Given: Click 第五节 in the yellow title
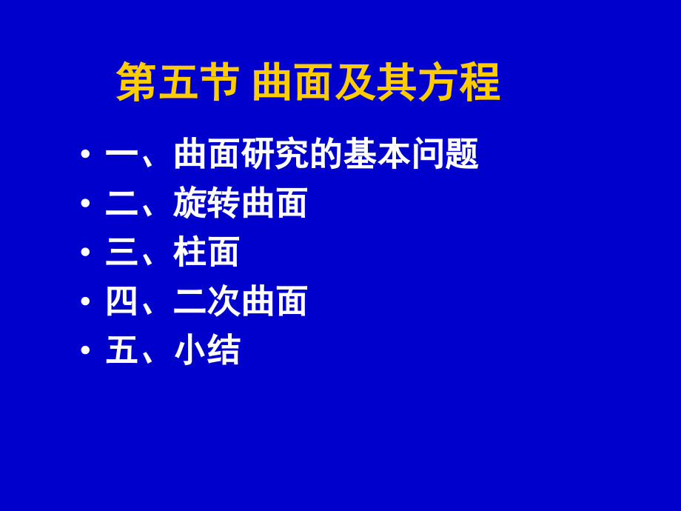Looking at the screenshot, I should [178, 82].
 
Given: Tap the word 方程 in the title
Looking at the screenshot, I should [459, 82].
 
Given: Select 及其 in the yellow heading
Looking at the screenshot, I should [376, 82].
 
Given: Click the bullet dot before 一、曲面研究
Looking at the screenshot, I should [86, 154].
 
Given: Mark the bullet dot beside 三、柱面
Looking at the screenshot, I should [86, 252].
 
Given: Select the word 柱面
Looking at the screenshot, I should [207, 252].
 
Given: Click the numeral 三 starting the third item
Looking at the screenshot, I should [121, 252].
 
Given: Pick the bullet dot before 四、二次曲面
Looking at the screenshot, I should [86, 301].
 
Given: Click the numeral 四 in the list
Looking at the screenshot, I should [121, 301].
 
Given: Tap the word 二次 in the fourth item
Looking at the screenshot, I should [207, 301].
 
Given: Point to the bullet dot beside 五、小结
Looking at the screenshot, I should [86, 350].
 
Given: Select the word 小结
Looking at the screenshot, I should [207, 350].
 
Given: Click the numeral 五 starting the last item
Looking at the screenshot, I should [121, 350].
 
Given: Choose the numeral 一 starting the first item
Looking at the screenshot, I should [121, 154].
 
